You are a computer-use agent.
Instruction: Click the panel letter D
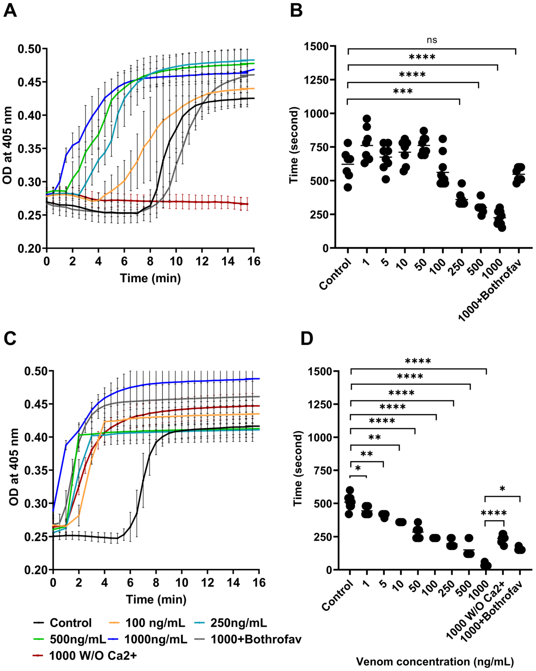307,339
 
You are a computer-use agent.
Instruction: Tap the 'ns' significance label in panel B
432,40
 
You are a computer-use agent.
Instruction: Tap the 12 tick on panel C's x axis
207,582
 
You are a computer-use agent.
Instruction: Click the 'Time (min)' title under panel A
150,278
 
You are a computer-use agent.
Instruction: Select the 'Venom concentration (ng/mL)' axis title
435,661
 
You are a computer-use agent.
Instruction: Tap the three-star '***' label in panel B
403,92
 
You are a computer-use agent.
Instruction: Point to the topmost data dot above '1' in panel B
367,119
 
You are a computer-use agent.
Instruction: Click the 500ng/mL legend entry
78,639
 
